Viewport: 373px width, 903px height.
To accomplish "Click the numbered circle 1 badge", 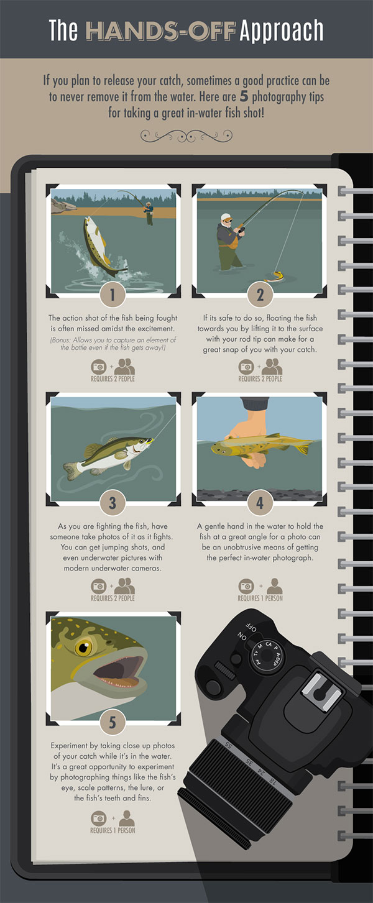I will pyautogui.click(x=113, y=295).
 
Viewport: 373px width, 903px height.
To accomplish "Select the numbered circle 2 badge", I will pyautogui.click(x=260, y=295).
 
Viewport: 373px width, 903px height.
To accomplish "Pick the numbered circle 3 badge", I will pyautogui.click(x=113, y=502).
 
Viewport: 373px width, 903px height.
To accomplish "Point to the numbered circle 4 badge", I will pyautogui.click(x=260, y=502).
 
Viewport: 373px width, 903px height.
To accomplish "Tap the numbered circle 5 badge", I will pyautogui.click(x=113, y=722).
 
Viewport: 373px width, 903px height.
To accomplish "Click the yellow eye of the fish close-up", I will pyautogui.click(x=83, y=648).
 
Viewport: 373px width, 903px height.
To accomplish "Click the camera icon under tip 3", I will pyautogui.click(x=99, y=585).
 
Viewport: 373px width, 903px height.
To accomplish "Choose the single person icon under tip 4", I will pyautogui.click(x=274, y=585).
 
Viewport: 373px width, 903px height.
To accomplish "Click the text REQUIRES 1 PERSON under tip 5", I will pyautogui.click(x=113, y=830).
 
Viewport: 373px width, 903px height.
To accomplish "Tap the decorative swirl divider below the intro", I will pyautogui.click(x=186, y=132).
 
